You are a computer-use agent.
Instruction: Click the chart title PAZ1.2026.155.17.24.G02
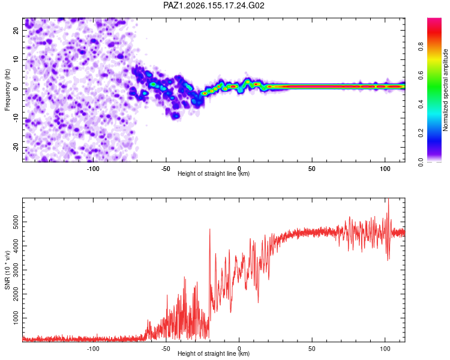[214, 5]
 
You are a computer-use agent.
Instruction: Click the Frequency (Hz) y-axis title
[7, 90]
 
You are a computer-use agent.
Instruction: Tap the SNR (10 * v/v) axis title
[7, 270]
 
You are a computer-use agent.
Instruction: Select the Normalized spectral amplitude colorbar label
[445, 90]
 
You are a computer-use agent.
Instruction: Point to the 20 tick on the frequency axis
[16, 31]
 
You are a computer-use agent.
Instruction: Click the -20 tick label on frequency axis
[16, 148]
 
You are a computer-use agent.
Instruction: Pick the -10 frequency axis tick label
[16, 118]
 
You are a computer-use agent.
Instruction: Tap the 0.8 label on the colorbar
[421, 46]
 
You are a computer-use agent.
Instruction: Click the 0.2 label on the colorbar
[421, 133]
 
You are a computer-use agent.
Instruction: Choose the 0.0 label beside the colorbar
[421, 163]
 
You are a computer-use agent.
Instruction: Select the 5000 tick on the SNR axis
[16, 222]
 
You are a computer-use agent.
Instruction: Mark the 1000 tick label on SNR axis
[16, 318]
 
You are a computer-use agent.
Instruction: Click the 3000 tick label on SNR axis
[16, 270]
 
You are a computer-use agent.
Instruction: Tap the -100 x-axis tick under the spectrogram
[92, 169]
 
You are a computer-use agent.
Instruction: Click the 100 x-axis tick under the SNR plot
[385, 349]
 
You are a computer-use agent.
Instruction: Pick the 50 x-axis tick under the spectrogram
[312, 169]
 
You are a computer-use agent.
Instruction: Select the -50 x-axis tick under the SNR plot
[166, 349]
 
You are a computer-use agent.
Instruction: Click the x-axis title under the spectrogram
[214, 173]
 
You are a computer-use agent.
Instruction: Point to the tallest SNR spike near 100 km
[388, 199]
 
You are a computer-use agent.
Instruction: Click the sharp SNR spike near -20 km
[210, 229]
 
